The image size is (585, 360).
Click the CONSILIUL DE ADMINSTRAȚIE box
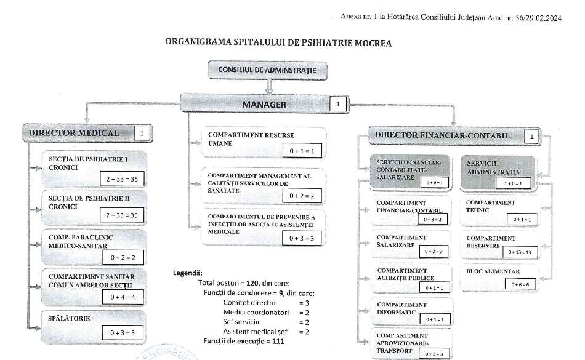click(x=267, y=70)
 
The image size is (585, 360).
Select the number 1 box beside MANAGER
click(x=337, y=105)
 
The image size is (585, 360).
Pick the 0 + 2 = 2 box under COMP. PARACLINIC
click(x=123, y=257)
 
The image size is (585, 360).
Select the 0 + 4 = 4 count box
click(x=123, y=297)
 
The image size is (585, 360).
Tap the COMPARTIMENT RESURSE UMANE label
click(x=251, y=138)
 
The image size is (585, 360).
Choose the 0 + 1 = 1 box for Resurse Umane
click(x=302, y=151)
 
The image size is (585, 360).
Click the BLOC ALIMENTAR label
click(x=493, y=271)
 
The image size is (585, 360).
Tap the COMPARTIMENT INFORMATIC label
click(x=401, y=308)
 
